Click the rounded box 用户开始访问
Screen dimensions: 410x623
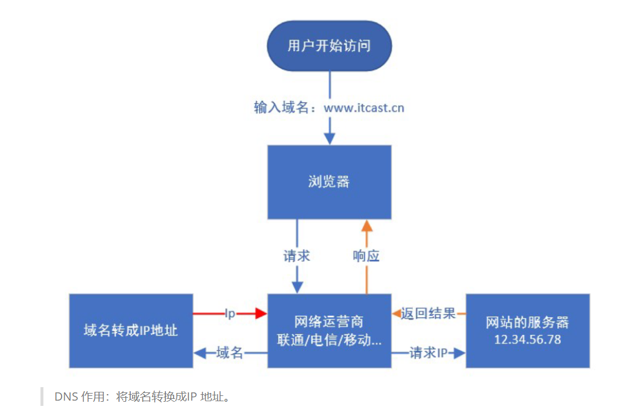click(x=329, y=46)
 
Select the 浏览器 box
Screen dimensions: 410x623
click(x=329, y=182)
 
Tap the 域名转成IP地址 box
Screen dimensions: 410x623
click(x=131, y=331)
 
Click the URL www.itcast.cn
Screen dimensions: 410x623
click(x=363, y=108)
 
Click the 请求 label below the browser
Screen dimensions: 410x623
click(x=297, y=256)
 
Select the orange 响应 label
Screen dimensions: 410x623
click(x=366, y=256)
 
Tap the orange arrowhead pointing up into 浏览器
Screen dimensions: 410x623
click(x=367, y=226)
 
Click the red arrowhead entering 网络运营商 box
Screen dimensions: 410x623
click(x=260, y=314)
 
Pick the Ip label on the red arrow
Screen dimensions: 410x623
click(x=230, y=314)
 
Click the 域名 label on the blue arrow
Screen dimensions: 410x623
click(x=230, y=353)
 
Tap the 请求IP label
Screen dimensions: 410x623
click(x=428, y=353)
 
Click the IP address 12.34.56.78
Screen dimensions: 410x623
click(x=527, y=339)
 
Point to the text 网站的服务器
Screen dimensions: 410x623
click(x=527, y=323)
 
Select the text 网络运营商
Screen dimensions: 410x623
click(x=329, y=322)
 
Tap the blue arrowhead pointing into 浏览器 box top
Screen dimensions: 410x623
click(x=330, y=138)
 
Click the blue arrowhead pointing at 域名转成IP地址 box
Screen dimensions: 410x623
click(x=200, y=353)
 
